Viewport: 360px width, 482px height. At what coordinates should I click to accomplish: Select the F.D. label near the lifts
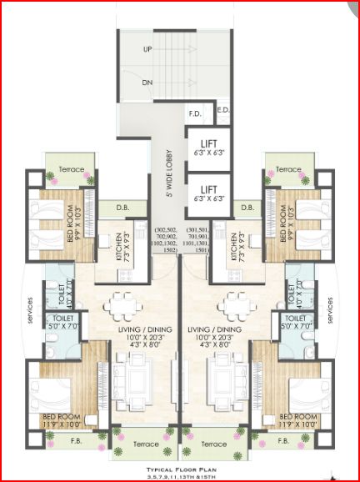pyautogui.click(x=196, y=113)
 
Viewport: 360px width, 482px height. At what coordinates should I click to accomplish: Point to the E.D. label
pyautogui.click(x=222, y=109)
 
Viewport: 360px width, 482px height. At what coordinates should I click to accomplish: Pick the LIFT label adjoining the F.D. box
pyautogui.click(x=207, y=145)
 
